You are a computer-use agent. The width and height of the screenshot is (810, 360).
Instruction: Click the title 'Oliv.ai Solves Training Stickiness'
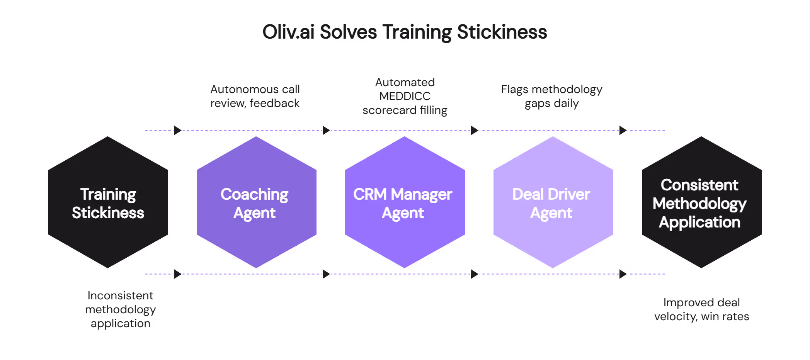405,32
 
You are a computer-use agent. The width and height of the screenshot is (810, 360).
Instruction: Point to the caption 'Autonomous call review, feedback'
255,96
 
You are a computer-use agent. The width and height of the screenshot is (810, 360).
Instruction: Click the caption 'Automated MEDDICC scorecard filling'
405,96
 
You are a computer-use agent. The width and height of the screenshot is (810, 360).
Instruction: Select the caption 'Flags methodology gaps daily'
551,96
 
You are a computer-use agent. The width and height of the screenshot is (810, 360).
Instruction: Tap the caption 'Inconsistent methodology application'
120,309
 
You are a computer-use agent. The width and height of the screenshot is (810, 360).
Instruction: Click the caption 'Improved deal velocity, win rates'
701,309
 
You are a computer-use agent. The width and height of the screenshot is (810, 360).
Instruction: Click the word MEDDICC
405,96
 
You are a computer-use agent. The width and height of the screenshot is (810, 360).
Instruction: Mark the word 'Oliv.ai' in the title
288,32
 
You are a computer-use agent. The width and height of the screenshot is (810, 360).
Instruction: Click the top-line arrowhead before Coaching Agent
178,130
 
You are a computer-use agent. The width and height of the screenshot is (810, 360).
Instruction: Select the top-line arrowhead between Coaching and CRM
326,130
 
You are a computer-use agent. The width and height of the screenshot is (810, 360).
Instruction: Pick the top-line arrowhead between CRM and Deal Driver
475,130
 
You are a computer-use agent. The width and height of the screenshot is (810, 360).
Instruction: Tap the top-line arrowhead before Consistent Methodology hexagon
623,130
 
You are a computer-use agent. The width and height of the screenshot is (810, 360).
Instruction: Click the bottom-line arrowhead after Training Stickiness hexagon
178,274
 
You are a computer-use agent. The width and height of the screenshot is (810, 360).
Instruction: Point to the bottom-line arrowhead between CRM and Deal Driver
475,274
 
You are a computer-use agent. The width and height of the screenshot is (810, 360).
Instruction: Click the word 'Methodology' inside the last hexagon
699,204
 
